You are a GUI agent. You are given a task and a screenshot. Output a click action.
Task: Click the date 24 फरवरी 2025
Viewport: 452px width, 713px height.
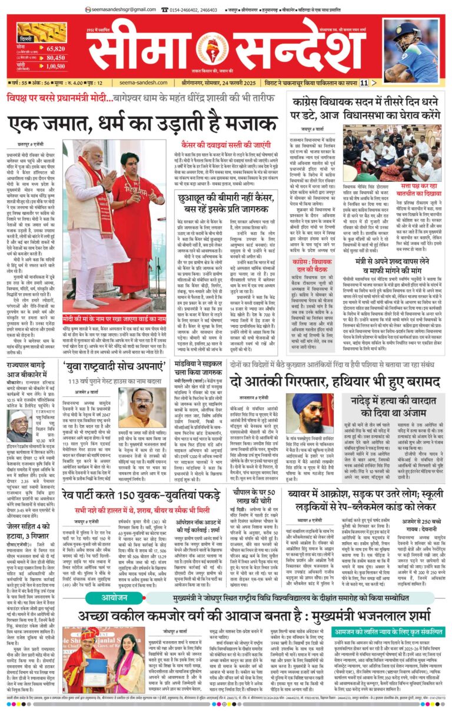point(252,83)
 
